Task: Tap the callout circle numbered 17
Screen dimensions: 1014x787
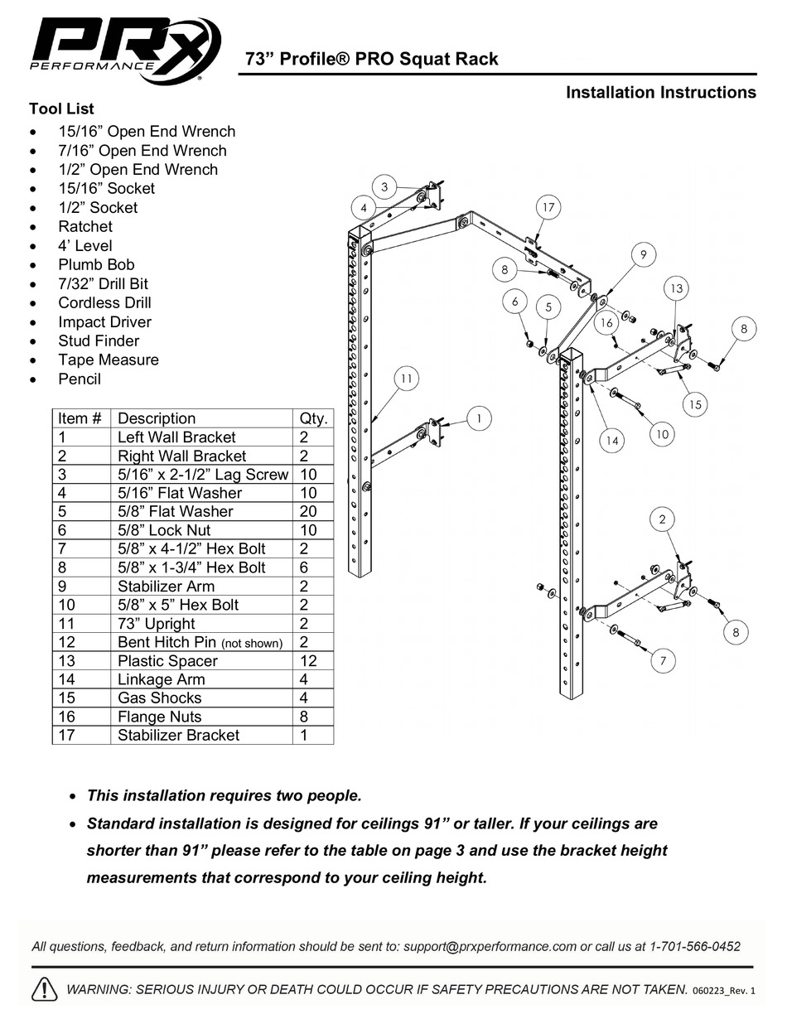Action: pyautogui.click(x=548, y=207)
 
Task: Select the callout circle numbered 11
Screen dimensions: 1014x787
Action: pyautogui.click(x=406, y=379)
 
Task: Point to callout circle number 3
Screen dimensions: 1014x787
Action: pyautogui.click(x=384, y=186)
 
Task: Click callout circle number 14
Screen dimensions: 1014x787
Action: pyautogui.click(x=611, y=441)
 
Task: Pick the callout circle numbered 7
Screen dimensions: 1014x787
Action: pyautogui.click(x=663, y=660)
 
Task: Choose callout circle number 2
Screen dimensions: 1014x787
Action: pyautogui.click(x=663, y=519)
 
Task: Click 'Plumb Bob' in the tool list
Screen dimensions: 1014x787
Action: pyautogui.click(x=96, y=265)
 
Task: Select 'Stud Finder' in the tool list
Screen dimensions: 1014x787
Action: pyautogui.click(x=99, y=341)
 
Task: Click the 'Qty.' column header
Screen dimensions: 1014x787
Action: pyautogui.click(x=312, y=418)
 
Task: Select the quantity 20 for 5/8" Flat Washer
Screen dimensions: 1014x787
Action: pyautogui.click(x=307, y=512)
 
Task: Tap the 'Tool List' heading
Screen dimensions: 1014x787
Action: pyautogui.click(x=61, y=109)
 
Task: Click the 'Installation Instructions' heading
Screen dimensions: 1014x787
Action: pyautogui.click(x=660, y=93)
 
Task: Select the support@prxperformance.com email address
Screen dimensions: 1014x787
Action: pyautogui.click(x=490, y=946)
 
